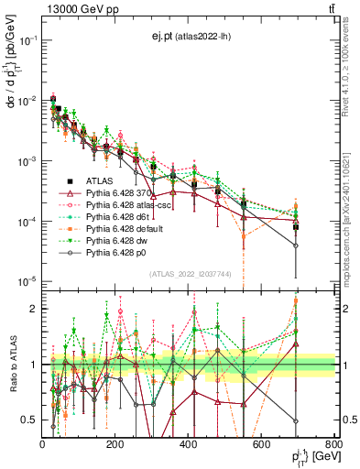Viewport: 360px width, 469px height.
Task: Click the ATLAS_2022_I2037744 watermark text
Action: (189, 274)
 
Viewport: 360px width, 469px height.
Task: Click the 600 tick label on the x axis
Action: (261, 444)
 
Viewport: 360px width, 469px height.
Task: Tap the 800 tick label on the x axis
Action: (333, 444)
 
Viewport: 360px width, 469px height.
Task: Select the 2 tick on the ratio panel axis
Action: (34, 309)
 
